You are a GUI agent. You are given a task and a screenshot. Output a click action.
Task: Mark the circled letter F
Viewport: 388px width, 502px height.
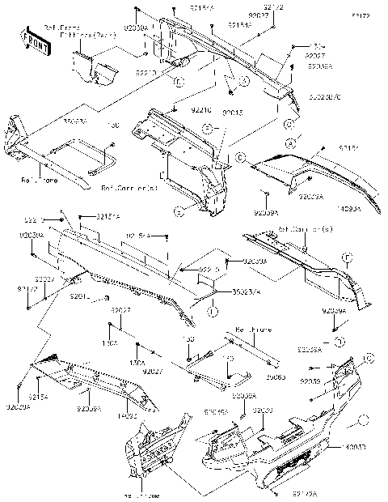point(346,257)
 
